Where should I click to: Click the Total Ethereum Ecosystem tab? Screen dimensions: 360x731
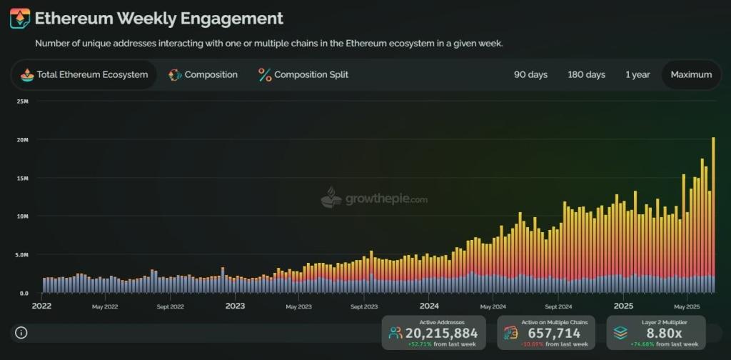pyautogui.click(x=84, y=75)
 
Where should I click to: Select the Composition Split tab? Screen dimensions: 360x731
pyautogui.click(x=303, y=75)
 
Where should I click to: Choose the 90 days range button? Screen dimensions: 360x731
pyautogui.click(x=530, y=75)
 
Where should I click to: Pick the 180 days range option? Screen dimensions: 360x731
pyautogui.click(x=586, y=75)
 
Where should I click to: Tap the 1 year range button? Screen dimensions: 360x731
pyautogui.click(x=637, y=75)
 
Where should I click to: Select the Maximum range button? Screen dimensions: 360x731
pyautogui.click(x=691, y=75)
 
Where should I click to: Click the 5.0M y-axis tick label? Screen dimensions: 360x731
pyautogui.click(x=21, y=255)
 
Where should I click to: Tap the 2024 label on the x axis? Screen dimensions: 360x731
pyautogui.click(x=429, y=306)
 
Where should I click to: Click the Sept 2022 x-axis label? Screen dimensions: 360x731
pyautogui.click(x=171, y=306)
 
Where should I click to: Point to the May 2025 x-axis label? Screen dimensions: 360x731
pyautogui.click(x=686, y=306)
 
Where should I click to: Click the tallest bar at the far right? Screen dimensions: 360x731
pyautogui.click(x=713, y=214)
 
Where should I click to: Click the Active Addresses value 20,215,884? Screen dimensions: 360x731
pyautogui.click(x=441, y=334)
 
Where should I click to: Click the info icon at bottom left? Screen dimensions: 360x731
pyautogui.click(x=21, y=333)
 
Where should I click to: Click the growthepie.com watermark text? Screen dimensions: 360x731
pyautogui.click(x=386, y=200)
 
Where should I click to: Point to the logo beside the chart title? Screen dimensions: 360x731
pyautogui.click(x=20, y=19)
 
